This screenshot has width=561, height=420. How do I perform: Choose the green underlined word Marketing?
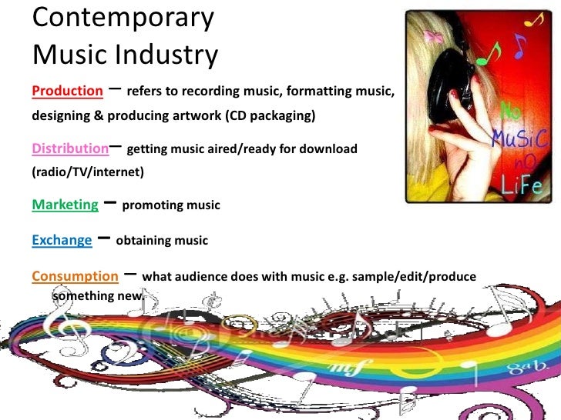(65, 205)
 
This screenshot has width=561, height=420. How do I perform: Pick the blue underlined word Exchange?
(61, 240)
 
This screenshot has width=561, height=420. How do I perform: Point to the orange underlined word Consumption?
(75, 275)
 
